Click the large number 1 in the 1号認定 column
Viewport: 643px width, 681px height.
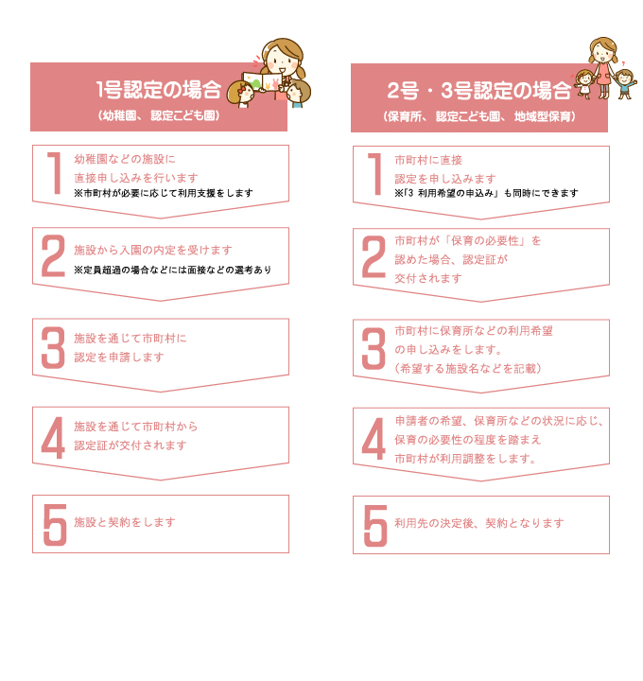[x=55, y=173]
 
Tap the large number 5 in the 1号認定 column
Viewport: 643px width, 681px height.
[x=55, y=525]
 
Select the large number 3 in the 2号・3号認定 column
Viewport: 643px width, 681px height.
[x=374, y=348]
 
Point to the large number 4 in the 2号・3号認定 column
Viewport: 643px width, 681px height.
[x=374, y=439]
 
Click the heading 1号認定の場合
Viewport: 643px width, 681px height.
[x=159, y=90]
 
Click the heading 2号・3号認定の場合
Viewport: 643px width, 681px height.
[x=478, y=91]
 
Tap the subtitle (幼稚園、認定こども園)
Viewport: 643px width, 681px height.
[x=159, y=115]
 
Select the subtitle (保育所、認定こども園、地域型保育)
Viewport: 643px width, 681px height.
[x=479, y=116]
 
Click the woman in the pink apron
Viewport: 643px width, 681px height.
[x=603, y=66]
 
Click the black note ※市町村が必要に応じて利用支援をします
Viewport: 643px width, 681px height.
[x=164, y=193]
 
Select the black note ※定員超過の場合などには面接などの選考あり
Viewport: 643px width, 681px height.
[x=173, y=270]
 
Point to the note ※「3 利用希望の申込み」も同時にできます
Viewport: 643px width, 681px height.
[x=486, y=193]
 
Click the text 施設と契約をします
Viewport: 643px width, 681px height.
[x=125, y=522]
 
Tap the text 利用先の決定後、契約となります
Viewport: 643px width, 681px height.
[x=479, y=523]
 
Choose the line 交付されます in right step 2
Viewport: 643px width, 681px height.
[x=428, y=278]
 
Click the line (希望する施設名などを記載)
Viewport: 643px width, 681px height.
[x=468, y=369]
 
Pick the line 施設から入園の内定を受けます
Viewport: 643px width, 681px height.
[x=153, y=250]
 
